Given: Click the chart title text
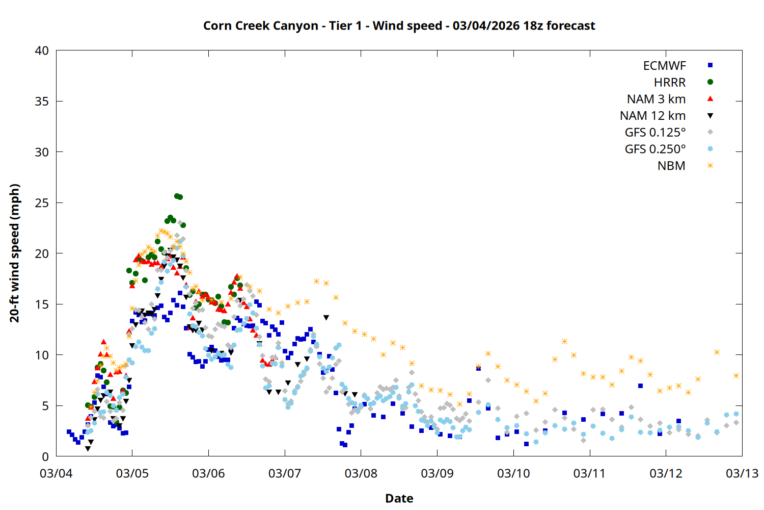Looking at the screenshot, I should (399, 25).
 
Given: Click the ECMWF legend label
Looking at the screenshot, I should (664, 66).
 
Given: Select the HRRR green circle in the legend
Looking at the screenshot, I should (710, 82).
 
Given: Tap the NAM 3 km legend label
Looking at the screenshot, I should (656, 99).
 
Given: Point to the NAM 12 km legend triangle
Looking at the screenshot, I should (710, 116).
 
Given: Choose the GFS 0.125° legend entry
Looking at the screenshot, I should (655, 133).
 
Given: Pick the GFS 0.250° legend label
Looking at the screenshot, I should (655, 149).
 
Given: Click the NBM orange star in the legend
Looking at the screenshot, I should (710, 166).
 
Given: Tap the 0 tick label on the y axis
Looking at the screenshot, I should (45, 457).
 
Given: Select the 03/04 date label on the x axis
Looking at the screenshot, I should (56, 473).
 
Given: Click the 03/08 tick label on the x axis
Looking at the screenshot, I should (361, 473).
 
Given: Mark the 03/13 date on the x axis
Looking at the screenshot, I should (742, 473).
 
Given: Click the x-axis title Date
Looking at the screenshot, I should (399, 498).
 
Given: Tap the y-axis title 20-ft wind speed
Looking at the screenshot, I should (15, 253).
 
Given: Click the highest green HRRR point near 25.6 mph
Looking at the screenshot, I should (177, 196).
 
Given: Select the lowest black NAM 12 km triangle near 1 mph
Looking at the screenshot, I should (88, 449).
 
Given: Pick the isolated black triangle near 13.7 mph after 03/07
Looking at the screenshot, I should (326, 318).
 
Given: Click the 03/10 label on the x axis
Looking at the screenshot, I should (513, 473).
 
